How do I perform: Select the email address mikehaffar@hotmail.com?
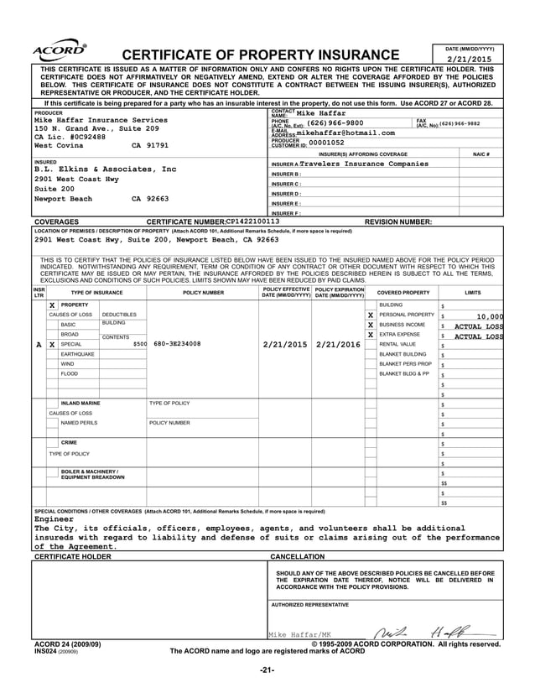coord(345,133)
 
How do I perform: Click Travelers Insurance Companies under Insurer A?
coord(363,164)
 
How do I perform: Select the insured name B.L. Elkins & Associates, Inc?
coord(105,169)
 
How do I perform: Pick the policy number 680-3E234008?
coord(177,344)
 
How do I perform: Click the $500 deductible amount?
coord(139,344)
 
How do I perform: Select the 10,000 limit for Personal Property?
coord(490,316)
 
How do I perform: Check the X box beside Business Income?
coord(370,325)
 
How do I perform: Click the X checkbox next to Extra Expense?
coord(370,335)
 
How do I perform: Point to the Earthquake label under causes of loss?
coord(76,354)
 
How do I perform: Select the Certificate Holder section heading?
coord(72,556)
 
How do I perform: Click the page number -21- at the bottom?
coord(267,670)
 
